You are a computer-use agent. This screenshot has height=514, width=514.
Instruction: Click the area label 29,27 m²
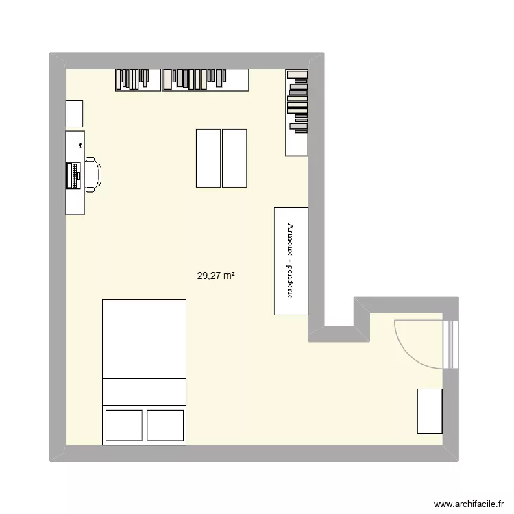(x=216, y=276)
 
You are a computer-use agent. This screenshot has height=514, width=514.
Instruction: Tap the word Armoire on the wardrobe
(x=291, y=240)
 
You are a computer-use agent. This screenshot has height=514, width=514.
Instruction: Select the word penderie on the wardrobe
(x=291, y=282)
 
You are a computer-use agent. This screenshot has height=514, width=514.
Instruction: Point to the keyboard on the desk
(x=72, y=175)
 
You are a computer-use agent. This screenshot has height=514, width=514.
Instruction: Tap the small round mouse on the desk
(x=81, y=146)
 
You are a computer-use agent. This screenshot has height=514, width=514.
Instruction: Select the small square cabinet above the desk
(x=74, y=112)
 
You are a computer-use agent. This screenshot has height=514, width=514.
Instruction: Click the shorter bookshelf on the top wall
(x=138, y=79)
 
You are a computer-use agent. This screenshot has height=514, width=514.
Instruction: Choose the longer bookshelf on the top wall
(x=205, y=79)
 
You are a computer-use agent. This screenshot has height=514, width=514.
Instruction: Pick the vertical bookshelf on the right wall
(x=297, y=112)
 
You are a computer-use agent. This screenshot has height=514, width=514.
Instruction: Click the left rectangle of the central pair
(x=208, y=158)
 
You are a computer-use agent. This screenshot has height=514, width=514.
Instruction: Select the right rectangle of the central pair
(x=234, y=158)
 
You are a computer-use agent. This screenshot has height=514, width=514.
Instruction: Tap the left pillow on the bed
(x=123, y=425)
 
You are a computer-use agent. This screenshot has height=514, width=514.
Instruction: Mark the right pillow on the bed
(x=165, y=425)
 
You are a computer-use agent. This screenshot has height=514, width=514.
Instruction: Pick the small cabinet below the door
(x=430, y=411)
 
